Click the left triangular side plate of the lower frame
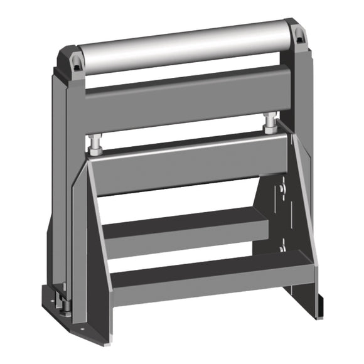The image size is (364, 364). [94, 251]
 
